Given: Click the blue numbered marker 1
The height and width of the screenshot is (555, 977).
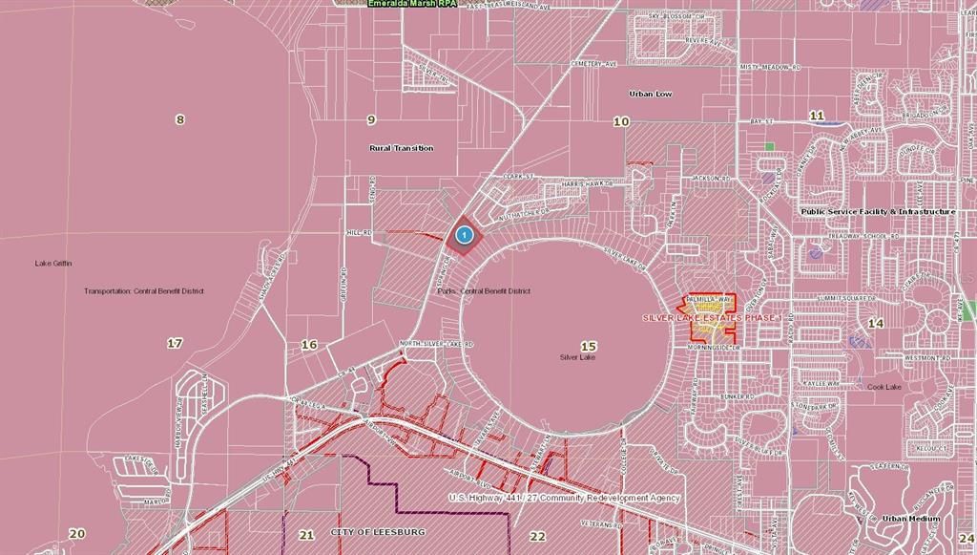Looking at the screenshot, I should pyautogui.click(x=464, y=234).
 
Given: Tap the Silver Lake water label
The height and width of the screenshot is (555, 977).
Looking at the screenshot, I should pyautogui.click(x=577, y=357).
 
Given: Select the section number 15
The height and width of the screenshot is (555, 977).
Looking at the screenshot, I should pyautogui.click(x=588, y=346).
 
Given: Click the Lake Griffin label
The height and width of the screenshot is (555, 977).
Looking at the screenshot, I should pyautogui.click(x=53, y=264).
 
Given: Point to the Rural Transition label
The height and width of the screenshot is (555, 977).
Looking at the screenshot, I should pyautogui.click(x=401, y=148).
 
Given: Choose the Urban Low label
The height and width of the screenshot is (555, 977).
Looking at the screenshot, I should pyautogui.click(x=651, y=95).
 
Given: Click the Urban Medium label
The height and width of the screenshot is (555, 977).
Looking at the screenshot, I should pyautogui.click(x=907, y=519).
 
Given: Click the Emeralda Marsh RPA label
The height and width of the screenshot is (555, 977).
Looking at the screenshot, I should pyautogui.click(x=412, y=4).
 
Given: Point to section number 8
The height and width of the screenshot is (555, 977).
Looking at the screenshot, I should pyautogui.click(x=179, y=119).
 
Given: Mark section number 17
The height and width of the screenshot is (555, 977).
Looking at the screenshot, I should pyautogui.click(x=175, y=343).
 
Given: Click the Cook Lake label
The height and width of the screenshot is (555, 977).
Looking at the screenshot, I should pyautogui.click(x=884, y=387).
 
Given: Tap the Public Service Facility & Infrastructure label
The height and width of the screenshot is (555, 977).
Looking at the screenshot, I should pyautogui.click(x=878, y=211).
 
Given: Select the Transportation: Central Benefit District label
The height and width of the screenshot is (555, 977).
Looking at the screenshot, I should pyautogui.click(x=144, y=291).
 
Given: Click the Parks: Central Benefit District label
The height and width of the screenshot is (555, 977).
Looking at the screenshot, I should pyautogui.click(x=495, y=291).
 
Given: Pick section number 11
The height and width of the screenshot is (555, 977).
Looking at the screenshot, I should pyautogui.click(x=817, y=116).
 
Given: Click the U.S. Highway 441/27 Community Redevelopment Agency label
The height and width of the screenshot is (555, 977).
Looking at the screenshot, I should pyautogui.click(x=565, y=498).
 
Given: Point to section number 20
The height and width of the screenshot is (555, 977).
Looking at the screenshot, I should pyautogui.click(x=77, y=534).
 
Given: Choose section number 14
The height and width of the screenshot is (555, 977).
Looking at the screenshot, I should pyautogui.click(x=875, y=324).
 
